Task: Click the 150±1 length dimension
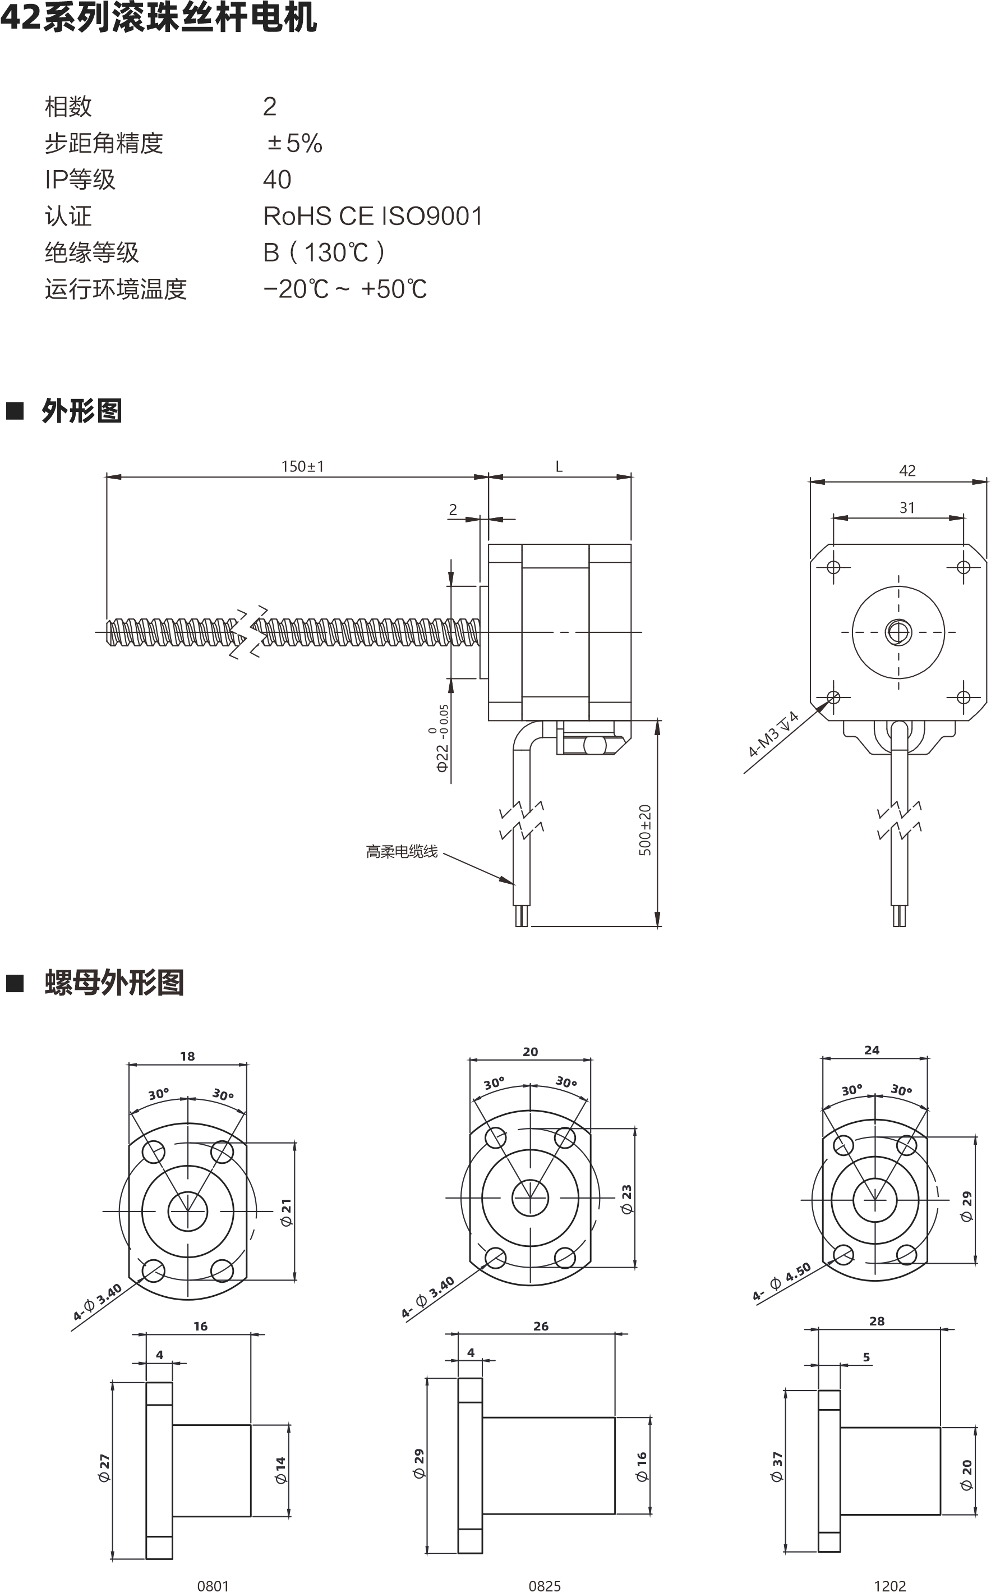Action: [x=302, y=466]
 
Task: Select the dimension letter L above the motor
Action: [x=559, y=466]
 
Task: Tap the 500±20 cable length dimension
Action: [x=645, y=830]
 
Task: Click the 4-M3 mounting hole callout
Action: [x=773, y=735]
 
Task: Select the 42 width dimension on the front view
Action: [x=907, y=470]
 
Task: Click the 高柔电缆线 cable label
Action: [x=401, y=852]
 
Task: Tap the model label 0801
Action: [x=213, y=1585]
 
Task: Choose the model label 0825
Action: [x=545, y=1585]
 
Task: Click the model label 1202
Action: [x=889, y=1585]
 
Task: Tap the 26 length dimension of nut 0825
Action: [x=541, y=1326]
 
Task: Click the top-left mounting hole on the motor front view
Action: [x=834, y=567]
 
